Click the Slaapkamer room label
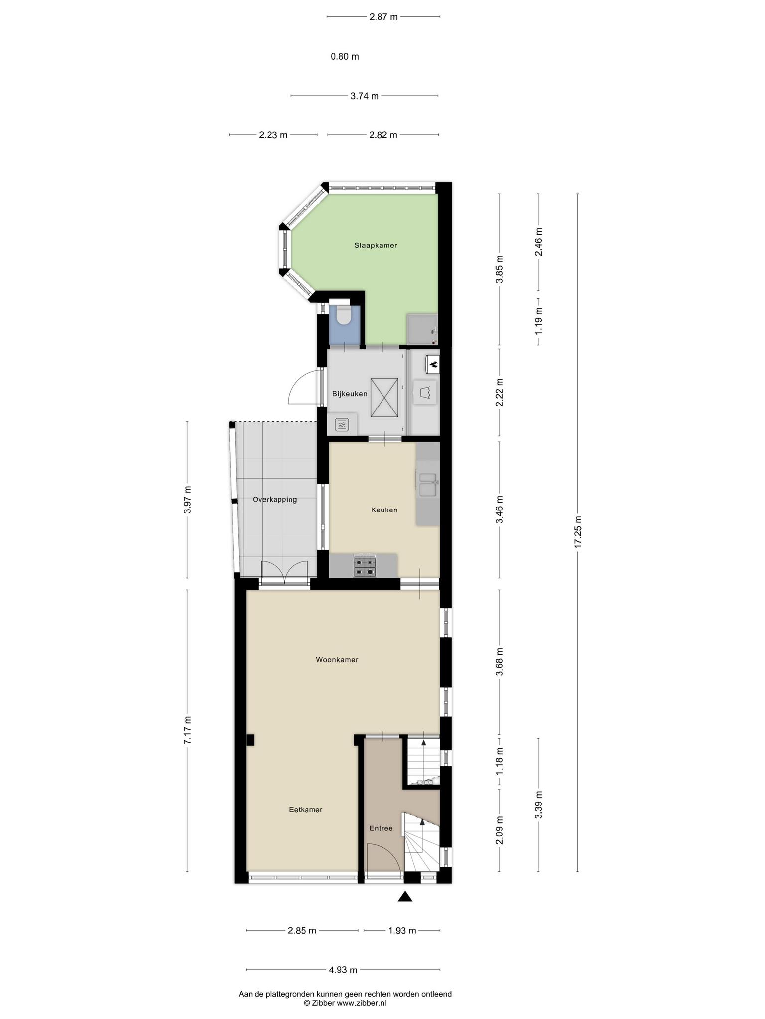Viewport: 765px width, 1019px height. tap(376, 245)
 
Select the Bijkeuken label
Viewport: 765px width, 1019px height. tap(350, 394)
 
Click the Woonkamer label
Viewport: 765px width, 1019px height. tap(337, 660)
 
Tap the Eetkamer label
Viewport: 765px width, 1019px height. tap(306, 810)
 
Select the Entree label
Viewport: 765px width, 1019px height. tap(381, 828)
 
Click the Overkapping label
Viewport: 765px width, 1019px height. tap(274, 500)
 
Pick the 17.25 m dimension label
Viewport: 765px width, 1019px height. tap(578, 532)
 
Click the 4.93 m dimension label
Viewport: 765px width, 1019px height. tap(343, 970)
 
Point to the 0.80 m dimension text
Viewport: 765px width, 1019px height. tap(345, 57)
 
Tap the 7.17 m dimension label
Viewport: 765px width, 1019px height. tap(187, 730)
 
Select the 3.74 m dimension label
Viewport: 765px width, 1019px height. tap(364, 96)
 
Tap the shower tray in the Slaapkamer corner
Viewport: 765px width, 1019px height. tap(422, 329)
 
